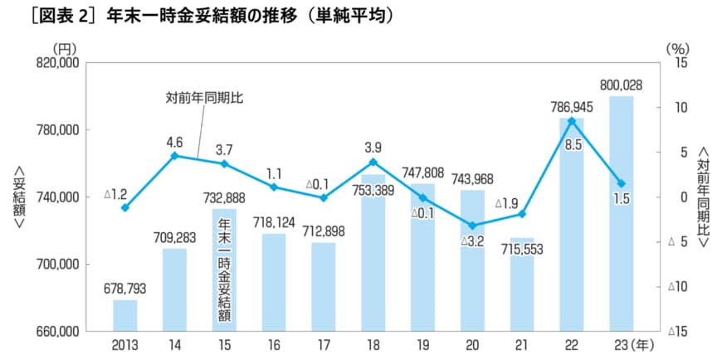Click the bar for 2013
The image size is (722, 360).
click(124, 315)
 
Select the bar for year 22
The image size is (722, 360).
click(571, 224)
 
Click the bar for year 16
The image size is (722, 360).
click(273, 282)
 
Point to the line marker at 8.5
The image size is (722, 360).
click(571, 121)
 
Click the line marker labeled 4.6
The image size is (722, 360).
click(174, 156)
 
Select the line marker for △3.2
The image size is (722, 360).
click(472, 226)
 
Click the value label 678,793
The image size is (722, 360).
click(124, 289)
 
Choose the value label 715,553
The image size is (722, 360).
click(521, 249)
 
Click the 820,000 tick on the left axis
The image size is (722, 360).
click(55, 63)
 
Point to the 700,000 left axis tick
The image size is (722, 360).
click(55, 265)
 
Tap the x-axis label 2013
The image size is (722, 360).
click(124, 343)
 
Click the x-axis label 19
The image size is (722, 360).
click(422, 343)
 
